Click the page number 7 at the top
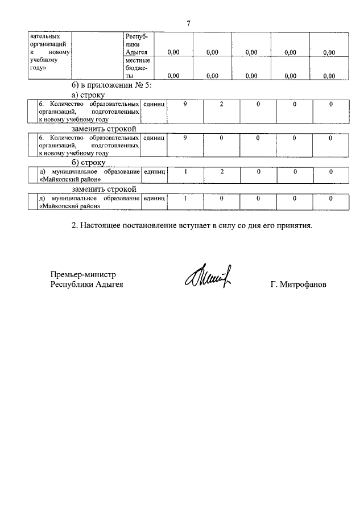[188, 23]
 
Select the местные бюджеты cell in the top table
[136, 68]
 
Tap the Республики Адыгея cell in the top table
[136, 44]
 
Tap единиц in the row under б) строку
[154, 171]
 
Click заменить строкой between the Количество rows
[104, 129]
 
